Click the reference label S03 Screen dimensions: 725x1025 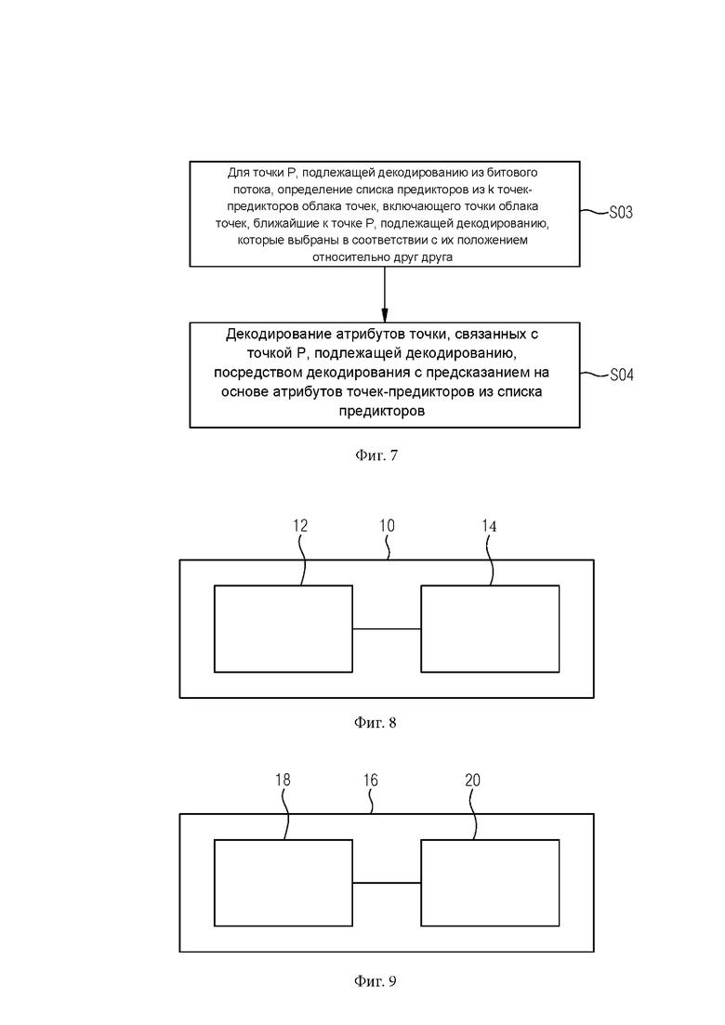[x=621, y=213]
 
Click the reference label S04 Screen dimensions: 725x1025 [x=622, y=375]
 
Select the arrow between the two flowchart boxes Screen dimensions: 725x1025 [x=385, y=295]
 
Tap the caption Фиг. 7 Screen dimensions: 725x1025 [x=376, y=455]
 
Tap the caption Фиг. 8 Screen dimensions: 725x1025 [x=376, y=722]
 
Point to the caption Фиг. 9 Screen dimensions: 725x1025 [x=376, y=981]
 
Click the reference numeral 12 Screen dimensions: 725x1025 [x=300, y=526]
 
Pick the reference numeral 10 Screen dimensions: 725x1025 [x=387, y=526]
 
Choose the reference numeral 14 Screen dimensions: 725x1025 [x=489, y=526]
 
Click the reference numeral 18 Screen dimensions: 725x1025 [x=283, y=780]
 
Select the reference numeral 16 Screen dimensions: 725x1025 [x=371, y=780]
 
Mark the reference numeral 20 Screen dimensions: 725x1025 [x=473, y=780]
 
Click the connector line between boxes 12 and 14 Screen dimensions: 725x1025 [x=387, y=629]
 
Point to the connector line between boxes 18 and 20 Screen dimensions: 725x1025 [x=387, y=883]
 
